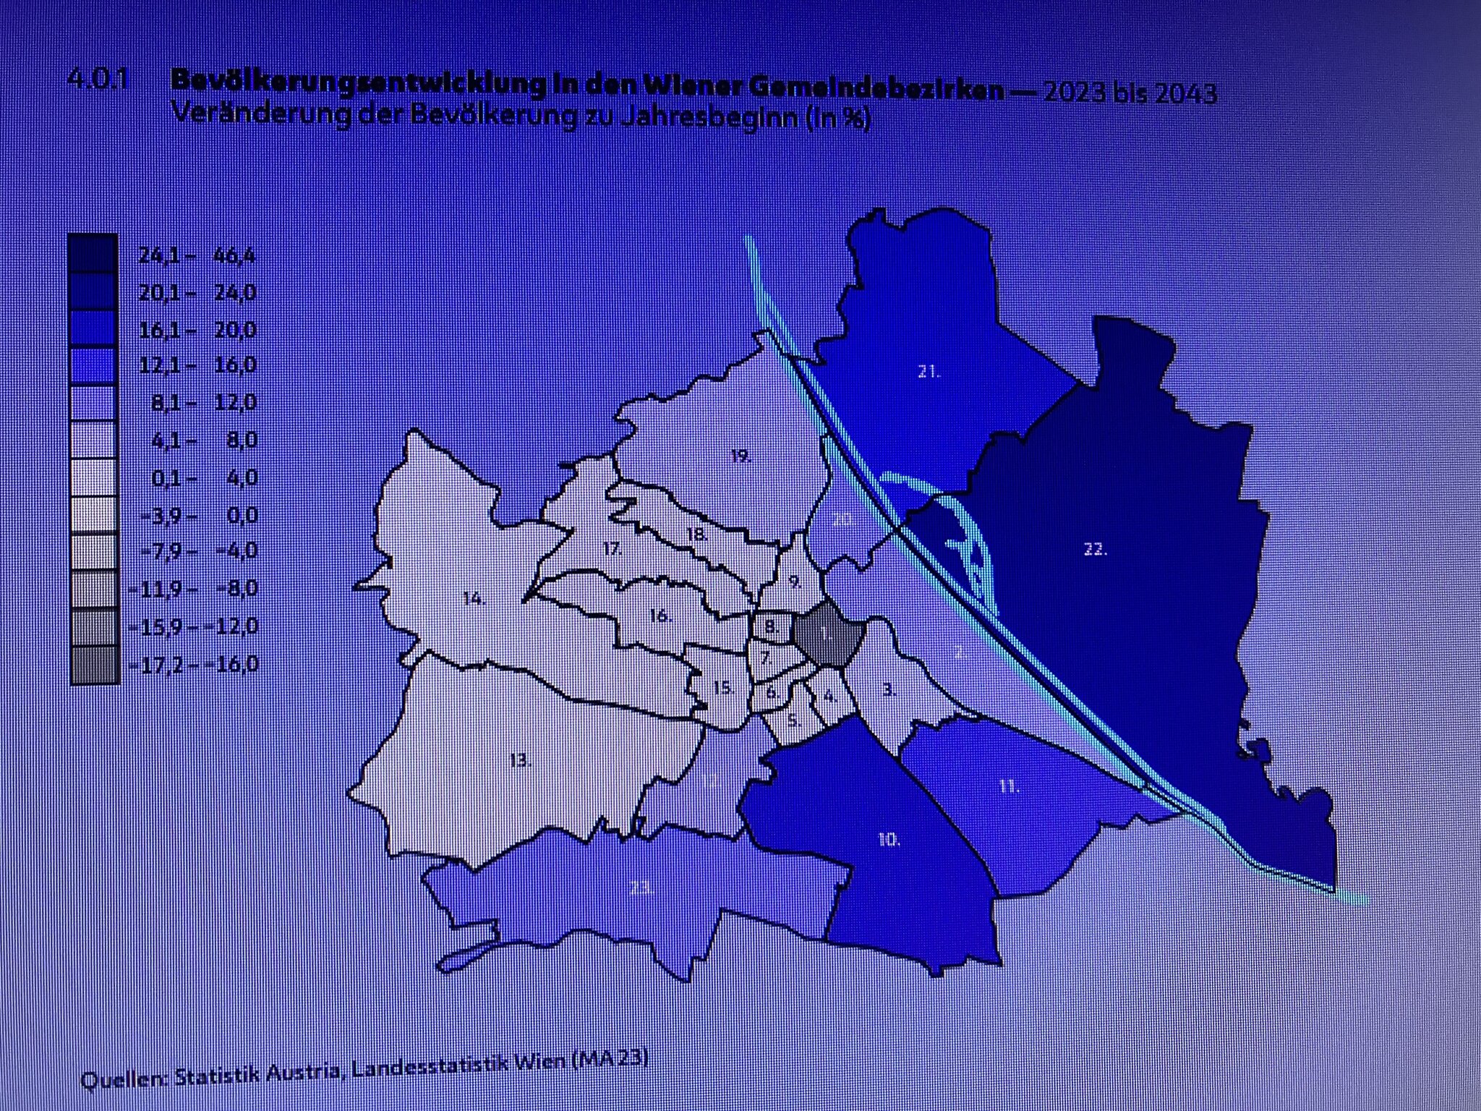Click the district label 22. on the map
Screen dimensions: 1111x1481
1095,550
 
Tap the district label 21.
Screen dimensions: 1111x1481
929,373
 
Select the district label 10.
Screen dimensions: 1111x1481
889,840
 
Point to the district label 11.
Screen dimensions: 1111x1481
1010,786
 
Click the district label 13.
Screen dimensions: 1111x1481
521,761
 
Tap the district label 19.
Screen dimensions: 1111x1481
741,456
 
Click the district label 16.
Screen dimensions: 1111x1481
661,616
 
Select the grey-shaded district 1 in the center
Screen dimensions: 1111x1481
828,637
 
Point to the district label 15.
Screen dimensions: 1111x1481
723,688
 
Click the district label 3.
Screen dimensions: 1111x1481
889,690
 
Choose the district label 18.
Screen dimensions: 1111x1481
696,535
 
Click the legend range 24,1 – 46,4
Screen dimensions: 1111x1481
197,255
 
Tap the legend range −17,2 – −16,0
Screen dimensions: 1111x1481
193,664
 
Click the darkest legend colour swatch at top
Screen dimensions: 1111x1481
93,253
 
